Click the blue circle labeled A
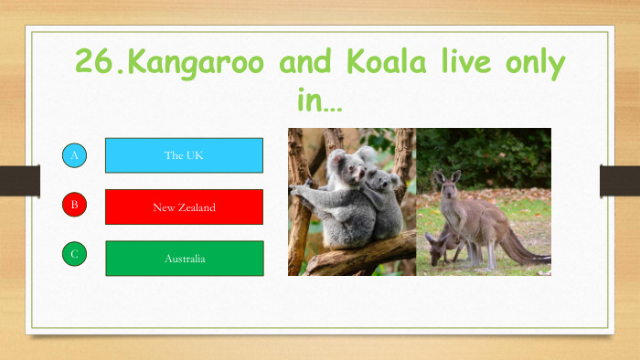click(75, 155)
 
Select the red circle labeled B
click(75, 205)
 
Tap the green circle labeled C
click(75, 254)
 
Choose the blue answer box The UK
click(184, 155)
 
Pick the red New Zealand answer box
click(184, 207)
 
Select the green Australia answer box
click(184, 259)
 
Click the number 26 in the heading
click(96, 64)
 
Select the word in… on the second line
click(319, 101)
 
